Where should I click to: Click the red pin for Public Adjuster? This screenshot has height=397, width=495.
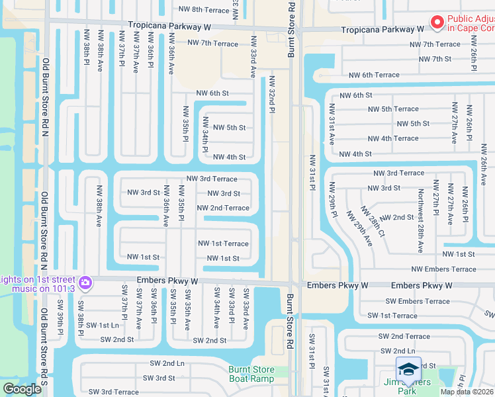click(x=437, y=23)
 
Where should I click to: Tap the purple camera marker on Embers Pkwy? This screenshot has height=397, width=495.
click(x=85, y=283)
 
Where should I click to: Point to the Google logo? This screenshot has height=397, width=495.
click(x=22, y=389)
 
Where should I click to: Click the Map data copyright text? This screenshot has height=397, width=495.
click(x=467, y=392)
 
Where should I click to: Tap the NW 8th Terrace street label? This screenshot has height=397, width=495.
click(x=204, y=9)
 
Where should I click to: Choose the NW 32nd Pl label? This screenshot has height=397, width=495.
click(x=271, y=95)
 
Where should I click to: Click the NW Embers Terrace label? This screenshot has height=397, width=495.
click(x=443, y=269)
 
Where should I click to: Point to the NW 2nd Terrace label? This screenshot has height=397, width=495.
click(x=223, y=208)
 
